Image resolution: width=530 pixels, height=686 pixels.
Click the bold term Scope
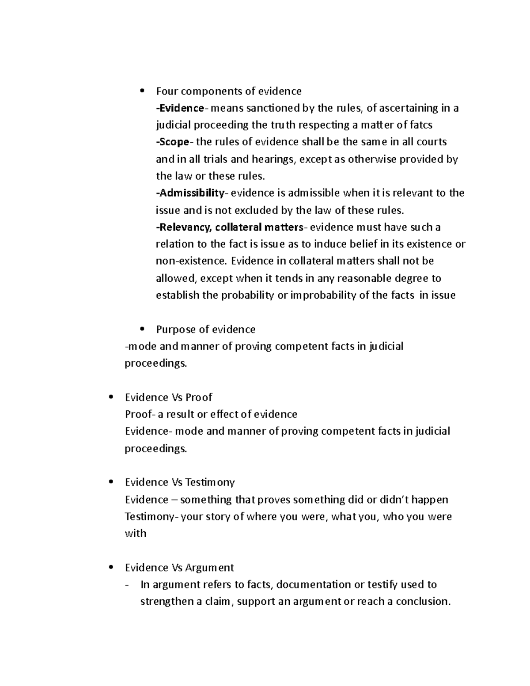pos(174,142)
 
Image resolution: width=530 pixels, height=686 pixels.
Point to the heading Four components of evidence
pos(228,91)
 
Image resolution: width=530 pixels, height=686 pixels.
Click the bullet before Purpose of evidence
pos(142,329)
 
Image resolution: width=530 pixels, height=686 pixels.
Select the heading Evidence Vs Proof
pos(168,398)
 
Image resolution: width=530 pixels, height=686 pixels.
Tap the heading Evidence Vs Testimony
pos(180,482)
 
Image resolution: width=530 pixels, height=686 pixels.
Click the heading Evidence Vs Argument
pos(179,568)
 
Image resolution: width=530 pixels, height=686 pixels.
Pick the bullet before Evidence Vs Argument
pos(111,567)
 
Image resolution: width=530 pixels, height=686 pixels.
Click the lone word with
pos(135,534)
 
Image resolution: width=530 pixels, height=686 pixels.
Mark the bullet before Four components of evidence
pos(142,91)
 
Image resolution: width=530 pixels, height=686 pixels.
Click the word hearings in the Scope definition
pos(273,159)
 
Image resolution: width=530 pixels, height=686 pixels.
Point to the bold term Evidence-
pos(181,108)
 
